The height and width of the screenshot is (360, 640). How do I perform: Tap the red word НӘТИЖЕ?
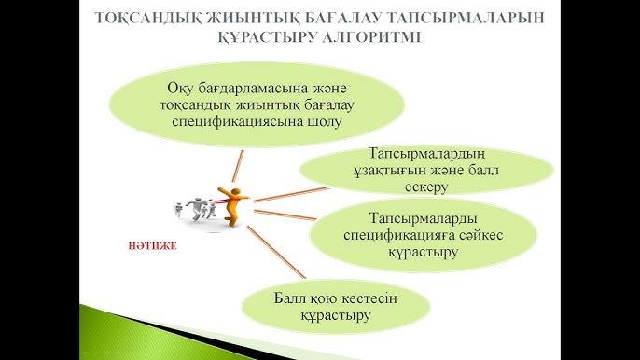(151, 248)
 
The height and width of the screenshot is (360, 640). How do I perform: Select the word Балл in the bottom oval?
(289, 298)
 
